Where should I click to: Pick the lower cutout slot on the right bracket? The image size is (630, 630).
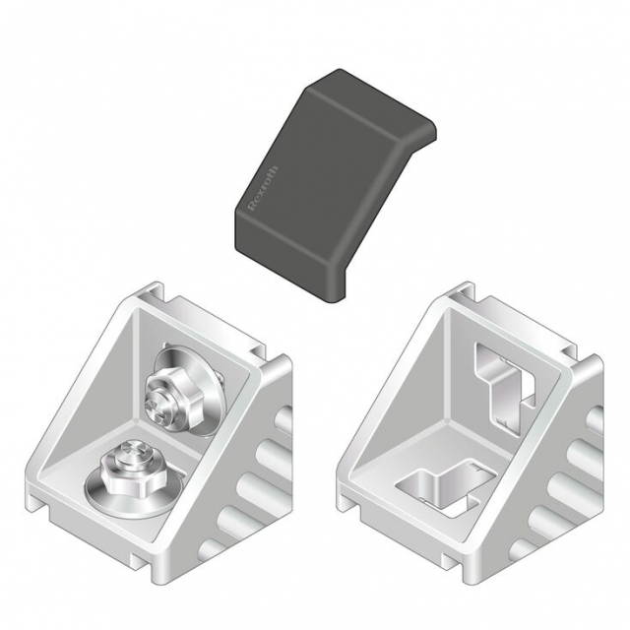445,487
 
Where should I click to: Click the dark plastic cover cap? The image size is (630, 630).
335,186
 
